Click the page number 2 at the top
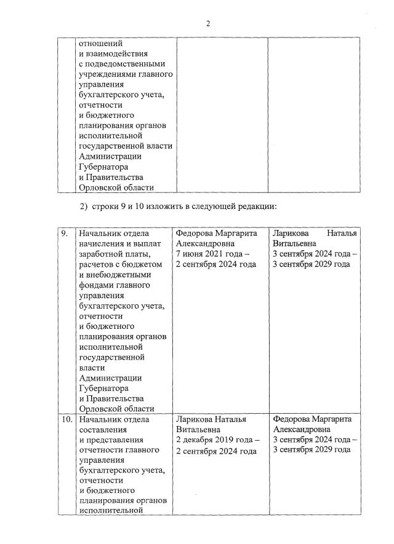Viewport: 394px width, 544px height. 208,23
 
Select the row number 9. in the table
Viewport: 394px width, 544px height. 64,234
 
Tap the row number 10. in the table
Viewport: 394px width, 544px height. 65,419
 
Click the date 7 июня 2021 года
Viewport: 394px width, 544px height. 210,254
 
